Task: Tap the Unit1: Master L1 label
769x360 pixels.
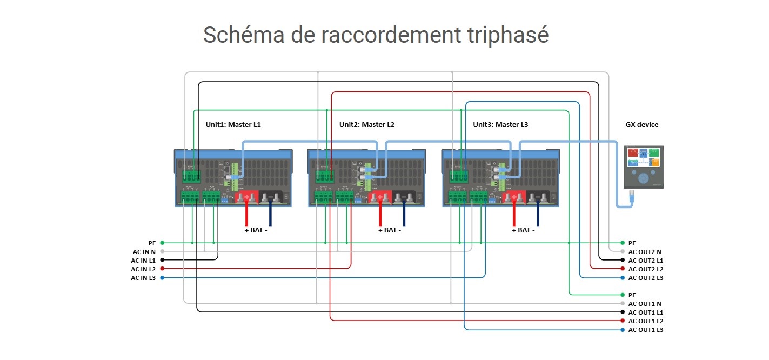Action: pyautogui.click(x=233, y=125)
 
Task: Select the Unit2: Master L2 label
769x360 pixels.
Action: pyautogui.click(x=366, y=125)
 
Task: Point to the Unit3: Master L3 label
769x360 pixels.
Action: pyautogui.click(x=500, y=125)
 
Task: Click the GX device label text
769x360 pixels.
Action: pyautogui.click(x=642, y=125)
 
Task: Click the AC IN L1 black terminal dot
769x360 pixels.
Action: pyautogui.click(x=162, y=260)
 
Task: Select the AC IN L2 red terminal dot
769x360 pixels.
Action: pyautogui.click(x=162, y=269)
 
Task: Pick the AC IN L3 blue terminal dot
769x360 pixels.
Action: pyautogui.click(x=162, y=278)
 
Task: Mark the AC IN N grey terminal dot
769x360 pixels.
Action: pyautogui.click(x=162, y=251)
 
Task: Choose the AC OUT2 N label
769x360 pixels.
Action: pyautogui.click(x=645, y=252)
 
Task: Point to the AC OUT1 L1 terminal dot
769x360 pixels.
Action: pyautogui.click(x=623, y=312)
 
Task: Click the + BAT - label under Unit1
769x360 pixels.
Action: pyautogui.click(x=256, y=230)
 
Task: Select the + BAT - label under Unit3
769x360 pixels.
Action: pyautogui.click(x=523, y=230)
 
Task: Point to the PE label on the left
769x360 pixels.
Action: pyautogui.click(x=152, y=243)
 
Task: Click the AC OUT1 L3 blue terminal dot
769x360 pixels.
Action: pyautogui.click(x=623, y=330)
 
